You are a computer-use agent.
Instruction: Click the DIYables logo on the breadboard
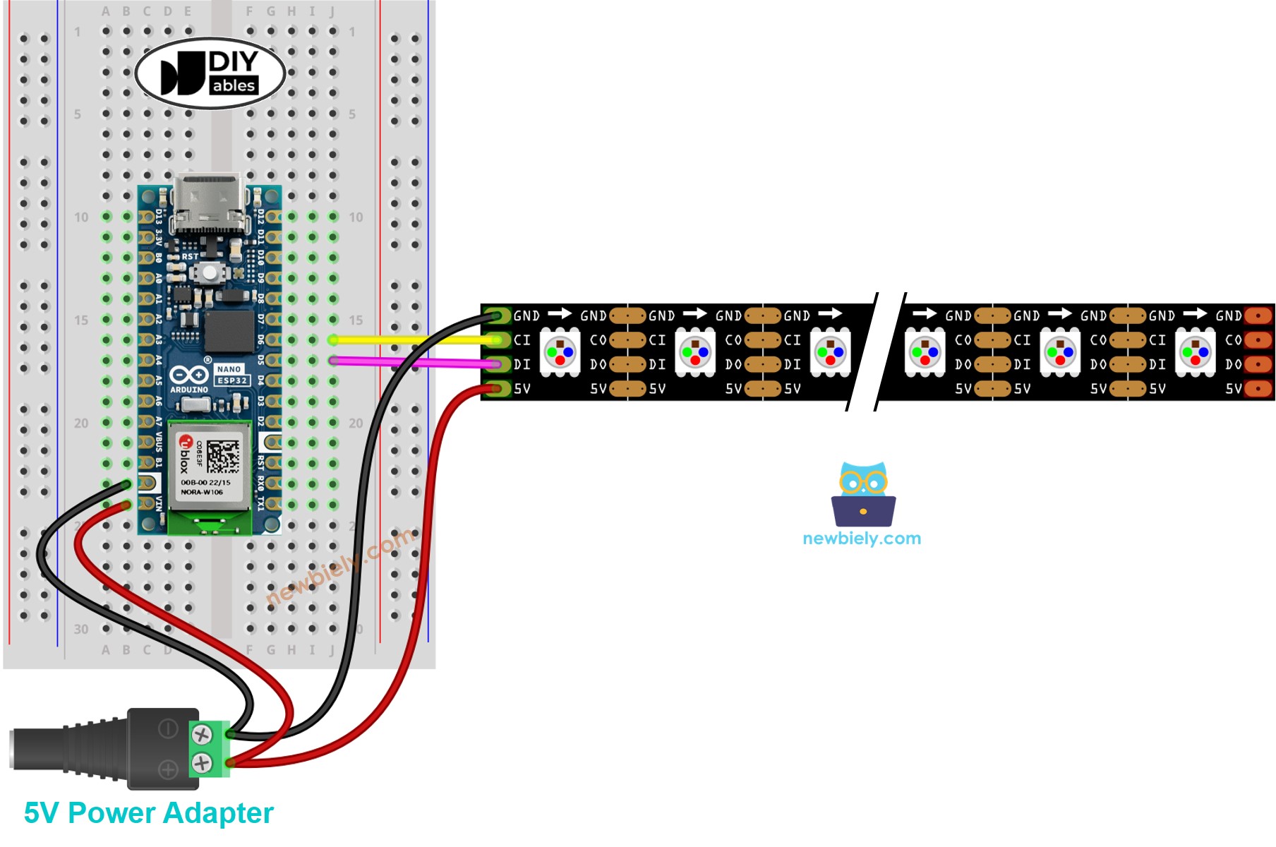pyautogui.click(x=210, y=73)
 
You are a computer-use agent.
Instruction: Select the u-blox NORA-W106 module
pyautogui.click(x=209, y=467)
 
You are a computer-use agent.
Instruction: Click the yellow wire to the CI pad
pyautogui.click(x=416, y=340)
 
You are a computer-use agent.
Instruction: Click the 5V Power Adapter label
pyautogui.click(x=148, y=813)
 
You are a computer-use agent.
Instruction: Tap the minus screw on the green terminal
pyautogui.click(x=202, y=735)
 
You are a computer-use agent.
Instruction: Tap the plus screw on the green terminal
pyautogui.click(x=202, y=762)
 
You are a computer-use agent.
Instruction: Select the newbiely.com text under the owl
pyautogui.click(x=862, y=539)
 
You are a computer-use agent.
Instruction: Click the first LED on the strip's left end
pyautogui.click(x=560, y=351)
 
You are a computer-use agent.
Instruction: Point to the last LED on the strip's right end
pyautogui.click(x=1195, y=351)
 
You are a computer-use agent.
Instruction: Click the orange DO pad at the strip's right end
pyautogui.click(x=1258, y=364)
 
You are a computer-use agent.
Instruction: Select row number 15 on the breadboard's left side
pyautogui.click(x=81, y=320)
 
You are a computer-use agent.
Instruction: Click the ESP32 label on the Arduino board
pyautogui.click(x=231, y=380)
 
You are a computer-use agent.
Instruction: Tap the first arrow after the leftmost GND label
pyautogui.click(x=560, y=313)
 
